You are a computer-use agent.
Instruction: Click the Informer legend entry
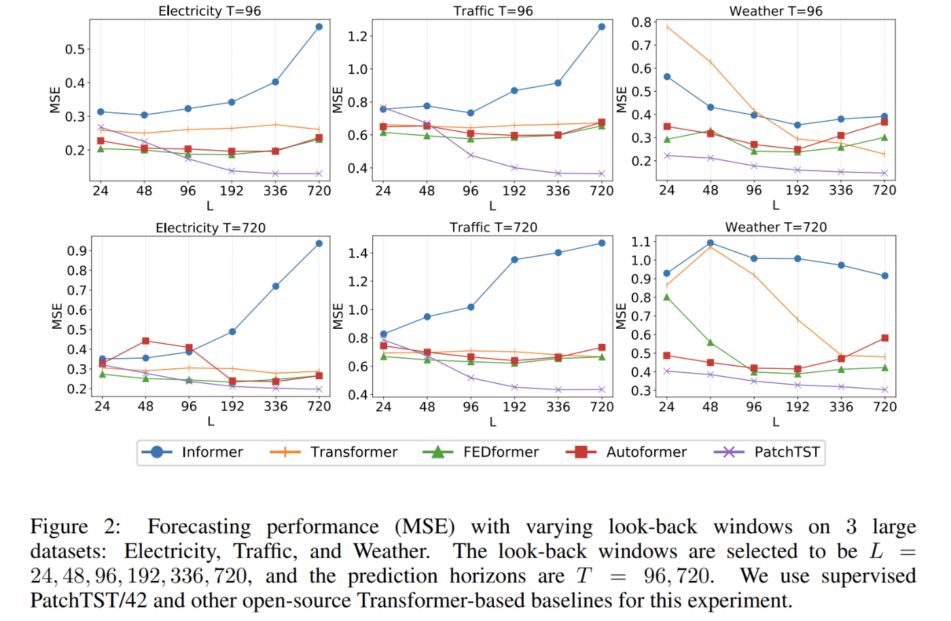(192, 453)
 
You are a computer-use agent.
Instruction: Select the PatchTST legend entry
(768, 453)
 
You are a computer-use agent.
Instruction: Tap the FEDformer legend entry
(480, 453)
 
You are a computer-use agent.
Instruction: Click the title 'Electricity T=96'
(209, 11)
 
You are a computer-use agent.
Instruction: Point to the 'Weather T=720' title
(776, 228)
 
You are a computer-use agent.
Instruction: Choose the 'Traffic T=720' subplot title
(493, 228)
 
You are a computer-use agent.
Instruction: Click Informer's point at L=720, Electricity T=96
(319, 26)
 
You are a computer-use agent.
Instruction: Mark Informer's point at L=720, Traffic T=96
(602, 27)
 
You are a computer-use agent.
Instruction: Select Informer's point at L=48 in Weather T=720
(711, 243)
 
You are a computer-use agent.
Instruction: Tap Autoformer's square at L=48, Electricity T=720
(145, 341)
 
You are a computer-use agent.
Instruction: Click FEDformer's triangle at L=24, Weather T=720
(667, 297)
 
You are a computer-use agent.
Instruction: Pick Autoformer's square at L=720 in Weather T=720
(884, 338)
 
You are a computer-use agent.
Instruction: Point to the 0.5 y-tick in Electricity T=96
(75, 50)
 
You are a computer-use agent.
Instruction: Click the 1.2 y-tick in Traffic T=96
(357, 36)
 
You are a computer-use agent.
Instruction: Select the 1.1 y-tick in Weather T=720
(641, 242)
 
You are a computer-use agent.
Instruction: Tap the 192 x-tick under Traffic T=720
(514, 407)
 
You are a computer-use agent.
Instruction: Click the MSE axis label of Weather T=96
(622, 100)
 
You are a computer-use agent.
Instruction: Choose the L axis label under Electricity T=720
(211, 421)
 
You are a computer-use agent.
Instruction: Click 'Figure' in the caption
(59, 527)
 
